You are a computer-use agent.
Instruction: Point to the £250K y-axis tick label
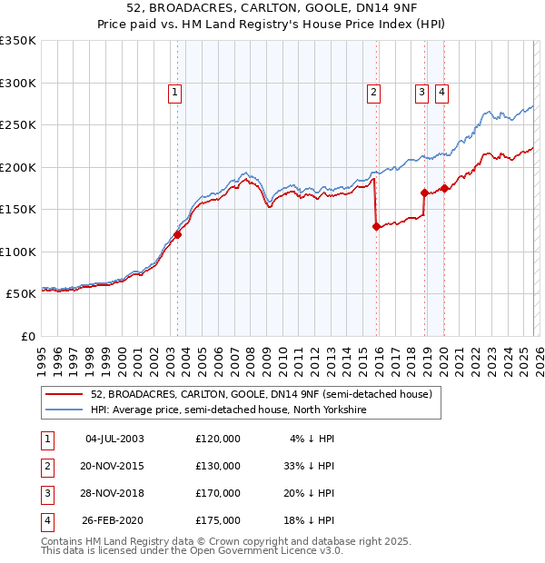point(18,125)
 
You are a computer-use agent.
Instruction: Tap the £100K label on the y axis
point(18,252)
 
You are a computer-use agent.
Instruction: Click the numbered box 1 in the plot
point(173,91)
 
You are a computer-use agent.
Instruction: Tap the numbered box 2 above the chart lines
point(373,91)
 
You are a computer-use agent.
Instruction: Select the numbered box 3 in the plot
point(422,91)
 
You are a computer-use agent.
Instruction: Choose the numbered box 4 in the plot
point(441,91)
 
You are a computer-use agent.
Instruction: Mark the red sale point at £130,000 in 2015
point(376,227)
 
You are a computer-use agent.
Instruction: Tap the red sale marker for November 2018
point(424,193)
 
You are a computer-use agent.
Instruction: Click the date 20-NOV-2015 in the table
point(114,465)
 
